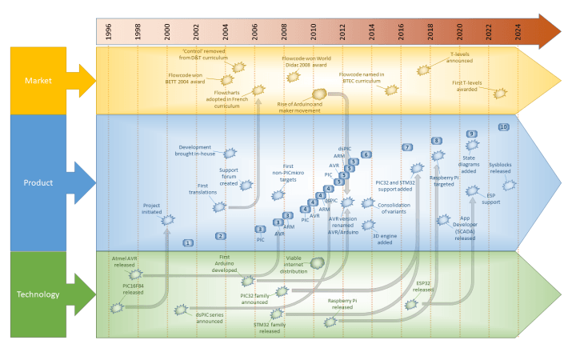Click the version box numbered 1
(188, 242)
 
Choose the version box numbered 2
(221, 235)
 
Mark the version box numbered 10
(504, 127)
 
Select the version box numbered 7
(407, 147)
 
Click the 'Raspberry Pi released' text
(352, 304)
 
